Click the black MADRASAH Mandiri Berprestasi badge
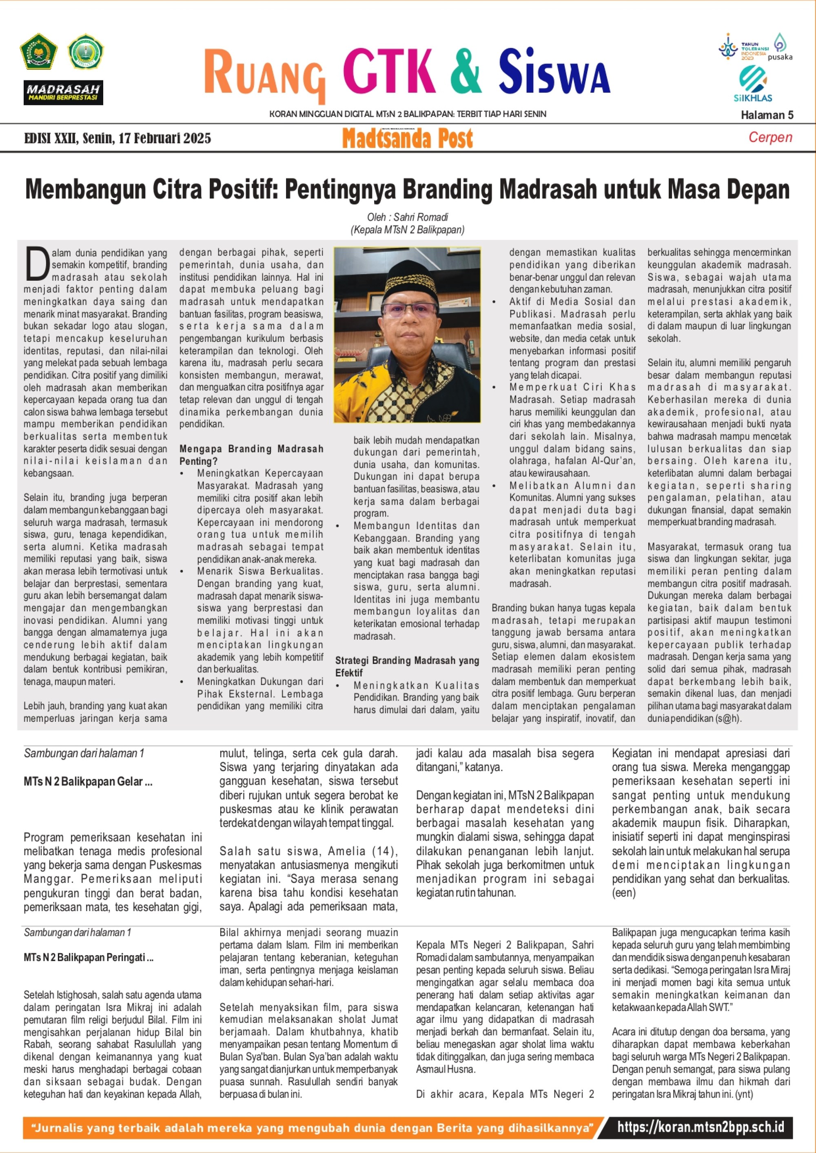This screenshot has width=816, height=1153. [63, 93]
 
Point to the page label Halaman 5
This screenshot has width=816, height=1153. [767, 115]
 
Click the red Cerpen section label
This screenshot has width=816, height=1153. [770, 137]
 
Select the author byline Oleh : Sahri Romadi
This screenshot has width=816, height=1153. [408, 217]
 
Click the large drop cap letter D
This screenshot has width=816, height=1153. [37, 263]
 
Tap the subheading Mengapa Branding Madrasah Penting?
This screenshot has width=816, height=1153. [251, 455]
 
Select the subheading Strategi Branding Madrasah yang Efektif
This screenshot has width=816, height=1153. [407, 666]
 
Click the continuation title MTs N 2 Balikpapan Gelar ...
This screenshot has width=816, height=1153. [88, 781]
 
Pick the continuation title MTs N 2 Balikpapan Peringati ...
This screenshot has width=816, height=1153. [89, 957]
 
